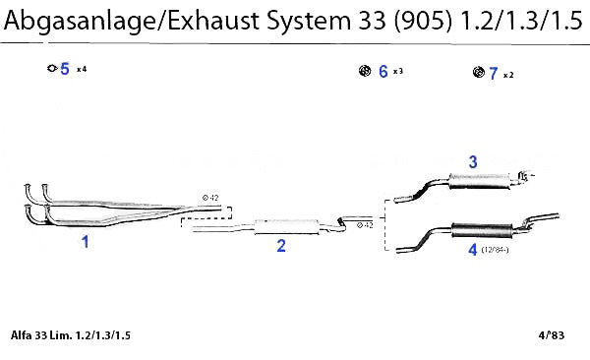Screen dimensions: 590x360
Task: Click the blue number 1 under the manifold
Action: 86,242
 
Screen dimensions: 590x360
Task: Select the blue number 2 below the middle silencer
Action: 281,246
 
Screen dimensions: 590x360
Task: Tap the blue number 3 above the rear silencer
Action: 473,162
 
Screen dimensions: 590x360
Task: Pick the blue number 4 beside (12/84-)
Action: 473,249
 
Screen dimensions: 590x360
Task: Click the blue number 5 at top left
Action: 65,69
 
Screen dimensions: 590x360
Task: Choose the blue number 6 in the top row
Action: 383,71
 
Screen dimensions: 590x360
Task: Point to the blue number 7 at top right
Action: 494,73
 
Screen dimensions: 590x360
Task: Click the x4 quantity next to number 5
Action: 82,69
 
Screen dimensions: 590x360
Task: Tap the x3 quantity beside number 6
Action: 398,71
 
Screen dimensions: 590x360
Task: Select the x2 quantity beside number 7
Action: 508,76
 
